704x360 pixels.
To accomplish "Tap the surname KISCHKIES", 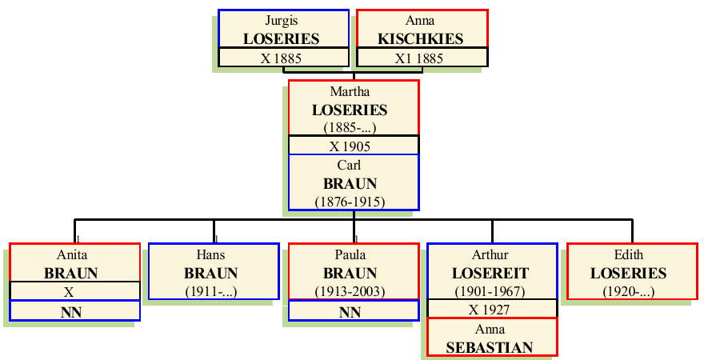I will [420, 38].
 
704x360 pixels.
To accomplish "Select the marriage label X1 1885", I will [420, 58].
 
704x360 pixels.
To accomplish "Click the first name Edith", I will [629, 255].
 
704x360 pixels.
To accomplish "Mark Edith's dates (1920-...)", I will [629, 290].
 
